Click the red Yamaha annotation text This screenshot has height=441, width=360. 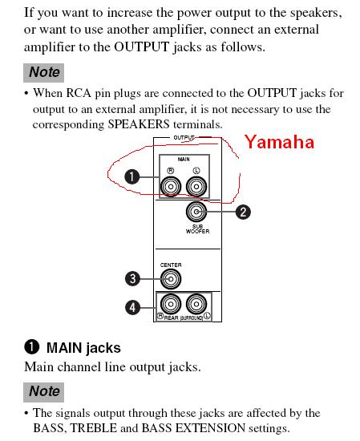[279, 142]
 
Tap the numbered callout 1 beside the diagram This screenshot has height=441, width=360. [132, 177]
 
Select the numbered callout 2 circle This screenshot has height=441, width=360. [243, 212]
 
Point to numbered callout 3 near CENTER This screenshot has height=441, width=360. [132, 279]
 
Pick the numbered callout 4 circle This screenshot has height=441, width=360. [132, 307]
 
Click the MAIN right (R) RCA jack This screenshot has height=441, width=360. [171, 187]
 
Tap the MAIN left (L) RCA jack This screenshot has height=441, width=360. [196, 187]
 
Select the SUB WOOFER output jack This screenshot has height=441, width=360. [196, 212]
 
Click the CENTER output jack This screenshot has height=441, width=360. [171, 279]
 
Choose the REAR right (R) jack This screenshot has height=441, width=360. [171, 304]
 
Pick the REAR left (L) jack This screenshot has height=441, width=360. [196, 304]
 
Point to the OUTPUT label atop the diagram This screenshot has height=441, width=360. [184, 138]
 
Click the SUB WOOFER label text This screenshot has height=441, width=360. [197, 229]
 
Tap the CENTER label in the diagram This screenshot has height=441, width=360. [171, 265]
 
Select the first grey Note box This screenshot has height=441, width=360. [43, 73]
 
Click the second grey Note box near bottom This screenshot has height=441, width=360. [43, 392]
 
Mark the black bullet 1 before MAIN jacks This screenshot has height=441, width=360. [31, 347]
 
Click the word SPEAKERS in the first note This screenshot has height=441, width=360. [139, 124]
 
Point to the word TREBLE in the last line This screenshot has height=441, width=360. [93, 428]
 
